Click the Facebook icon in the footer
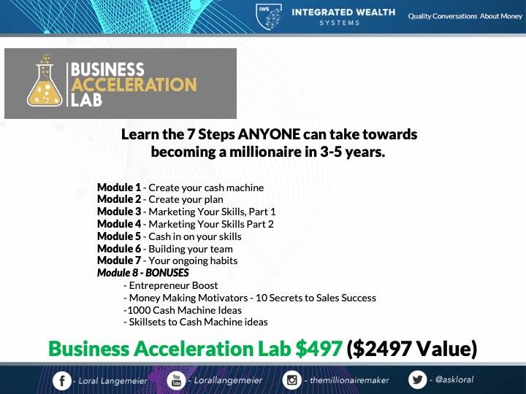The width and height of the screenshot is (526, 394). pyautogui.click(x=62, y=381)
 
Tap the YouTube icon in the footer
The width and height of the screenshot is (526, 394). pyautogui.click(x=176, y=381)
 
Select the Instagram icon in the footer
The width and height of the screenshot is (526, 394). pyautogui.click(x=291, y=380)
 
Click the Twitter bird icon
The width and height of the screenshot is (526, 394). pyautogui.click(x=418, y=379)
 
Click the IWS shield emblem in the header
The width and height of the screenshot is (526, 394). pyautogui.click(x=269, y=17)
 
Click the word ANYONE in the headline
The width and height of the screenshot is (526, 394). pyautogui.click(x=269, y=134)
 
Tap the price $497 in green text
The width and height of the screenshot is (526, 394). pyautogui.click(x=319, y=349)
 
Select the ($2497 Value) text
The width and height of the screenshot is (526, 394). pyautogui.click(x=411, y=349)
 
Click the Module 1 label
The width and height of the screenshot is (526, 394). pyautogui.click(x=119, y=188)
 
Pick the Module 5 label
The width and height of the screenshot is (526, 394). pyautogui.click(x=119, y=236)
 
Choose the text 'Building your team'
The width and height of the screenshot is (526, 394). pyautogui.click(x=191, y=249)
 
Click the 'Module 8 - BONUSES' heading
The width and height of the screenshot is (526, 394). pyautogui.click(x=143, y=273)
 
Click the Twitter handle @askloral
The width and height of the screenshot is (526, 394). pyautogui.click(x=454, y=379)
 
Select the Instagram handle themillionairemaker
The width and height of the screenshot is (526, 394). pyautogui.click(x=349, y=380)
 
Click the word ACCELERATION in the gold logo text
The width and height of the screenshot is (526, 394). pyautogui.click(x=134, y=85)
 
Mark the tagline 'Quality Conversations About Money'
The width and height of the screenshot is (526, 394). pyautogui.click(x=465, y=16)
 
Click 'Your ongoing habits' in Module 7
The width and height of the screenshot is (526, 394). pyautogui.click(x=193, y=260)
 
